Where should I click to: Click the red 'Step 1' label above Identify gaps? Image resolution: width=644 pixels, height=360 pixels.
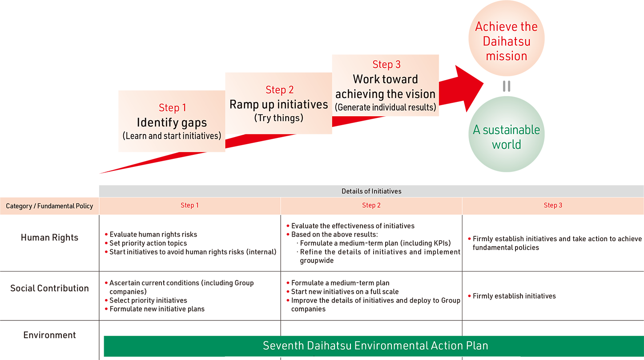tap(173, 108)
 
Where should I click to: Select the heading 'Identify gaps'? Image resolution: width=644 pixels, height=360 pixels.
tap(172, 122)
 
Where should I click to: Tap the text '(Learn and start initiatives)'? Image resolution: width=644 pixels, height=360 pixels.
tap(172, 136)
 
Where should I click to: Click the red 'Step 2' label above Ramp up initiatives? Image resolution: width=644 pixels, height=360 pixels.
tap(280, 90)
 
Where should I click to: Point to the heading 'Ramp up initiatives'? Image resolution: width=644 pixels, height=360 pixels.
tap(279, 105)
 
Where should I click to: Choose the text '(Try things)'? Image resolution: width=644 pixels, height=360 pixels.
tap(279, 118)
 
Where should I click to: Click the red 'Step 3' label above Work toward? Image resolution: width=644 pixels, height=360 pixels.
tap(386, 65)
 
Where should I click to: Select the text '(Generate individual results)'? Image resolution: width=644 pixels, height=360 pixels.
tap(386, 107)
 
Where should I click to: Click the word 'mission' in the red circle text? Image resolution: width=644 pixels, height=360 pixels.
tap(506, 56)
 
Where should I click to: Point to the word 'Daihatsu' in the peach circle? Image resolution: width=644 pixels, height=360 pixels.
tap(506, 41)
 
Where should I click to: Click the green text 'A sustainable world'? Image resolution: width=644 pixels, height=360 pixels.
tap(506, 137)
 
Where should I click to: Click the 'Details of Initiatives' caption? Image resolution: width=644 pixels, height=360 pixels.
tap(371, 191)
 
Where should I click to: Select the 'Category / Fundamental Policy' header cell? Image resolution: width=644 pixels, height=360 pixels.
tap(49, 206)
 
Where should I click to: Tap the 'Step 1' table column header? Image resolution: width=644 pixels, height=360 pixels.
tap(190, 205)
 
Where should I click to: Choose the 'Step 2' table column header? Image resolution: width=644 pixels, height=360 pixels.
tap(371, 205)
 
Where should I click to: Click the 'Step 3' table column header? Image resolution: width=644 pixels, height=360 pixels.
tap(553, 205)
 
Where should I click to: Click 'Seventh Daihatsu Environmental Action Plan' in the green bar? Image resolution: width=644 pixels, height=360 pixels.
tap(375, 345)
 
